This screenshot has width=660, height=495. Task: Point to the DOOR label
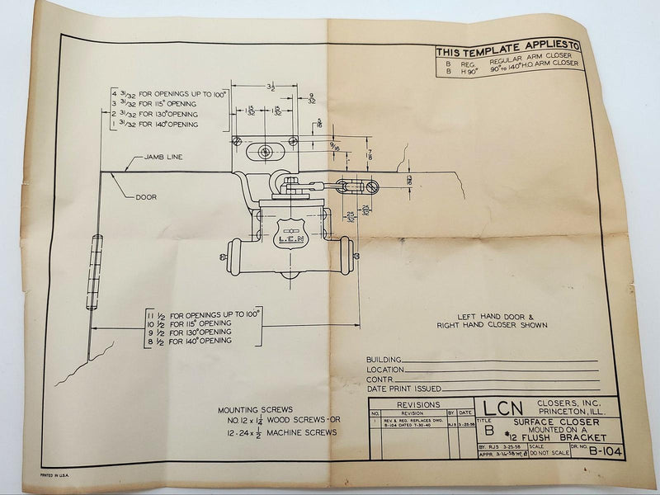[146, 197]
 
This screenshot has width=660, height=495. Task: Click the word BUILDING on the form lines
[384, 361]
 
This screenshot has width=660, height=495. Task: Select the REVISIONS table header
[419, 405]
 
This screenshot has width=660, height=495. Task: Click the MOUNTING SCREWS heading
[250, 410]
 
